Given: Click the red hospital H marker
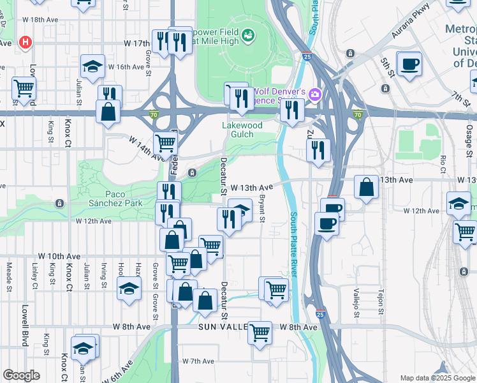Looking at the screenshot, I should [x=26, y=43].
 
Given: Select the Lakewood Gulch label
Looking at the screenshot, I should [x=242, y=130].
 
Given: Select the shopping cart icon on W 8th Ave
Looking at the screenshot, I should [x=260, y=331].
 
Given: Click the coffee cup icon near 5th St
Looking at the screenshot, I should [x=409, y=63].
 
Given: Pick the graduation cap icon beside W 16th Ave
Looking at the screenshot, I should [x=92, y=66].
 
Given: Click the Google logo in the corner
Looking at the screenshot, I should [x=21, y=375].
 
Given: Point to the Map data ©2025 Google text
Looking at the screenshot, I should [x=437, y=378].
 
